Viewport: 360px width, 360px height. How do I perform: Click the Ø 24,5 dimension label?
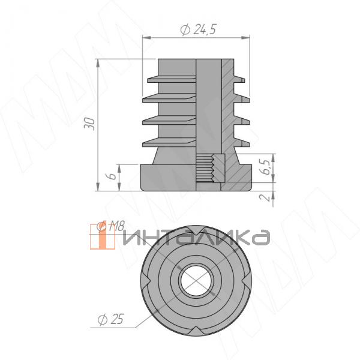[198, 29]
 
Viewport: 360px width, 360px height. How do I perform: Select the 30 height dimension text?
[89, 124]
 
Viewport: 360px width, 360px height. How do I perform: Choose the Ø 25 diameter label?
[111, 319]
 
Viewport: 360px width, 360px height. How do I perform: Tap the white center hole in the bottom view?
[196, 281]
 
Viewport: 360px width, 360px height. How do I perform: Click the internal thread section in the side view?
[211, 168]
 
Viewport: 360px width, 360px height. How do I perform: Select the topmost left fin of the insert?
[172, 79]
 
